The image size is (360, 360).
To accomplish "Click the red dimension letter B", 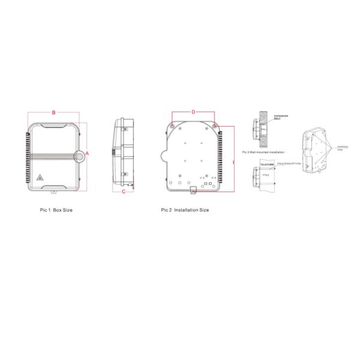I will [54, 112].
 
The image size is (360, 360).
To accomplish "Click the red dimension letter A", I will [88, 154].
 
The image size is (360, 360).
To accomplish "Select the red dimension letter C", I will [124, 192].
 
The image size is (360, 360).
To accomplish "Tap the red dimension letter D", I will [193, 112].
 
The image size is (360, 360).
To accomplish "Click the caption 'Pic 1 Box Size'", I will [56, 211].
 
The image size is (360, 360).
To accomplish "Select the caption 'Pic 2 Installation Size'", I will [185, 211].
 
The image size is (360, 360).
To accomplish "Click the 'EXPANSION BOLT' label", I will [280, 118].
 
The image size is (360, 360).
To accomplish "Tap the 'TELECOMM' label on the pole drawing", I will [268, 164].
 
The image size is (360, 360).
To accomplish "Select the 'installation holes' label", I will [342, 147].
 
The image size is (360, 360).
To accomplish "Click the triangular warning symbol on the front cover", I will [40, 177].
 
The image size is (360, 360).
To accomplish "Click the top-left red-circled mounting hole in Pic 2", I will [172, 127].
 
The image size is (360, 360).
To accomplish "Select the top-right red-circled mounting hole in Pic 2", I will [214, 127].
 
